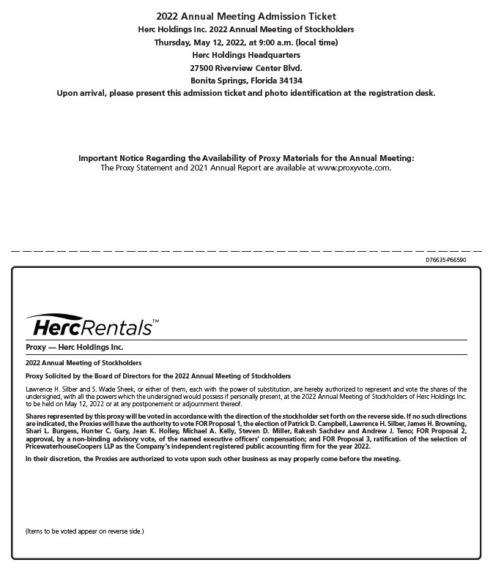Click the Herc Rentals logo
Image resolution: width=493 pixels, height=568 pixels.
point(91,326)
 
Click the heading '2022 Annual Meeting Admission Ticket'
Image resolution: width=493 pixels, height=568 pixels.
point(246,16)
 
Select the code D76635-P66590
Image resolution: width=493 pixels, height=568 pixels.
point(445,260)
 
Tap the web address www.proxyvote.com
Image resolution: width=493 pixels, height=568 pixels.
point(354,168)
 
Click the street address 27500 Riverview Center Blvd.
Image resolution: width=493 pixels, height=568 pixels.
point(246,68)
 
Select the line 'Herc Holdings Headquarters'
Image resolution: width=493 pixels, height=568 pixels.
point(246,55)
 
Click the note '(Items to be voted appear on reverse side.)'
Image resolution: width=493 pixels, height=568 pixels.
point(84,531)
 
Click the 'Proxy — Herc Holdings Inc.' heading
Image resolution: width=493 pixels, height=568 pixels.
point(74,347)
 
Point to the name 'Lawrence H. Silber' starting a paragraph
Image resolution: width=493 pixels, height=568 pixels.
point(51,389)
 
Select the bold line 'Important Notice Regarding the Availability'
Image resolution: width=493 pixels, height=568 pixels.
point(246,158)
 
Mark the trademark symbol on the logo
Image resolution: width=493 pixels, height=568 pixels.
point(155,321)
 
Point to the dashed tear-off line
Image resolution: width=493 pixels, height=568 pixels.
point(246,251)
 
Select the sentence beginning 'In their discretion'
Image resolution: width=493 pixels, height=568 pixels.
point(212,459)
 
